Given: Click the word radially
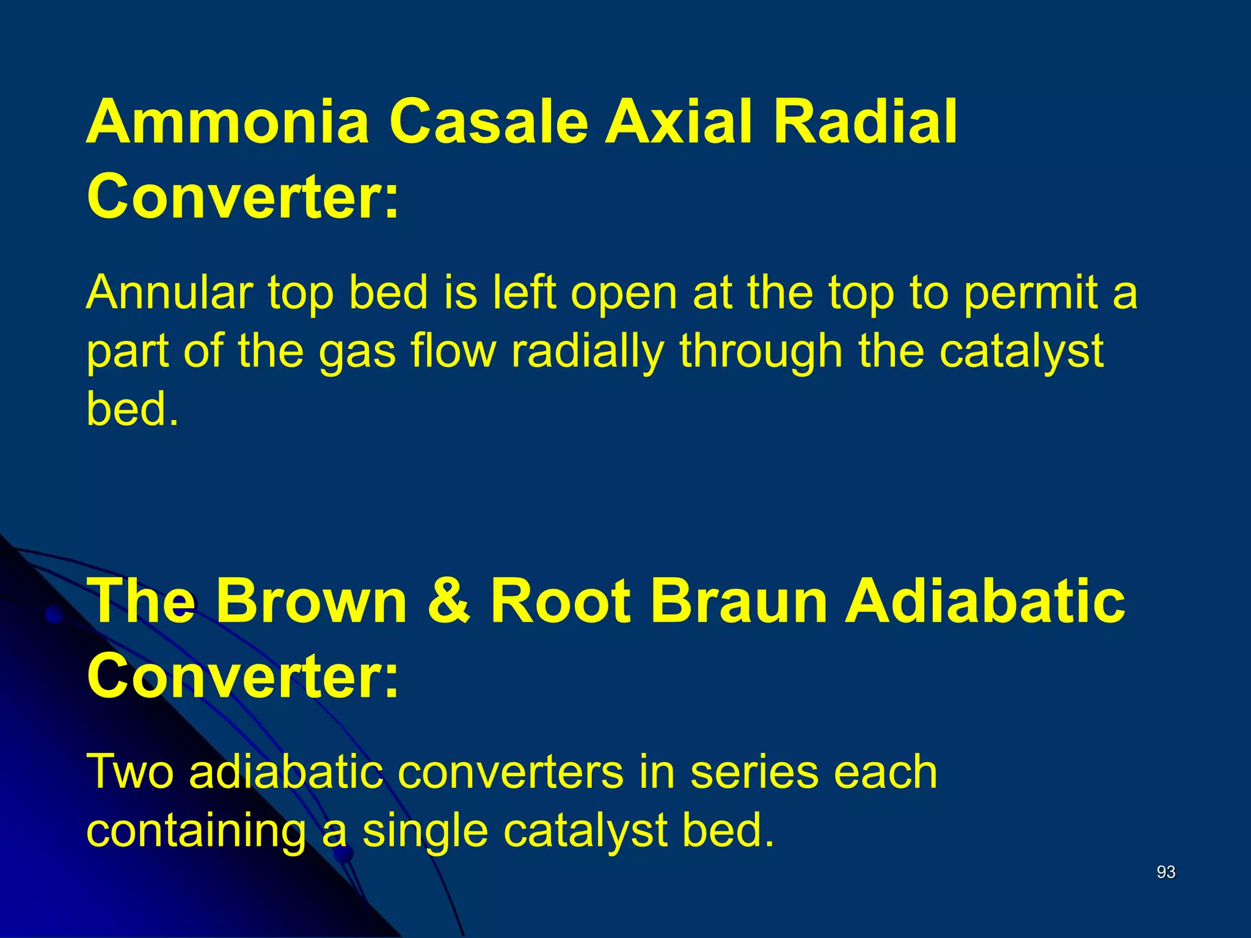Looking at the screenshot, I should pyautogui.click(x=587, y=352).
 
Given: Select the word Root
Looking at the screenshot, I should pyautogui.click(x=561, y=601).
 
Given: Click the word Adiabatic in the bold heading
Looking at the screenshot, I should pyautogui.click(x=984, y=601).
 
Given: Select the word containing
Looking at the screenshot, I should pyautogui.click(x=196, y=832).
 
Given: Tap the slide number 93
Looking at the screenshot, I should pyautogui.click(x=1166, y=872).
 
